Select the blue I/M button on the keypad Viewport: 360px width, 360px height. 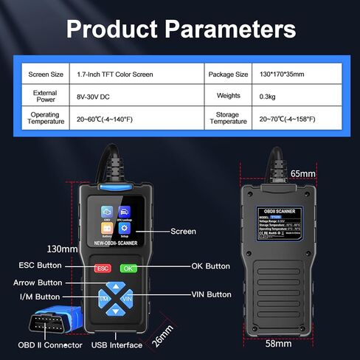(103, 300)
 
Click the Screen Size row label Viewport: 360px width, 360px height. (46, 74)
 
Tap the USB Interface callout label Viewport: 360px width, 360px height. (117, 345)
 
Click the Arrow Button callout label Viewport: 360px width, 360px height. (38, 282)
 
